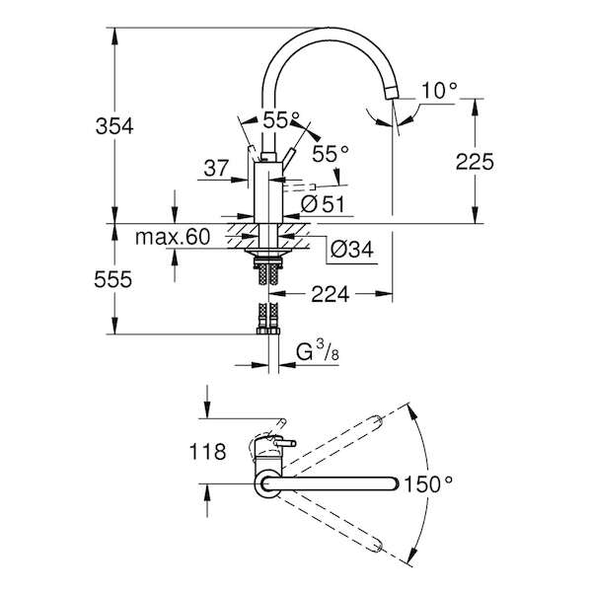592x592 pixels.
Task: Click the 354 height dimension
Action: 114,126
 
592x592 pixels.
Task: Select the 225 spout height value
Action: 475,162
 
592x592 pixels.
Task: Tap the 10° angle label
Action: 439,90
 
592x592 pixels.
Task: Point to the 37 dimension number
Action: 216,168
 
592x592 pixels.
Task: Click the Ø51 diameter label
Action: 323,204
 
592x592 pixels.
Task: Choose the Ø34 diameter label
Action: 352,250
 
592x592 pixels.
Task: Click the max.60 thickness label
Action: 172,237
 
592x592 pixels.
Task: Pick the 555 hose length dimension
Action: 113,280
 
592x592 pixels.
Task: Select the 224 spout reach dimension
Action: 330,294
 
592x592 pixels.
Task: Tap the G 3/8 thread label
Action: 317,353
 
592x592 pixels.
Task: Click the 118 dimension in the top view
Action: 207,451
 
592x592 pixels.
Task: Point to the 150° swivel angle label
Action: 428,483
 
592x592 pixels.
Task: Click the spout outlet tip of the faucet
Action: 391,93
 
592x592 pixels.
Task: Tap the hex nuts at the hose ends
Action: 267,332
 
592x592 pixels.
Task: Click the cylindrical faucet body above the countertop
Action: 268,192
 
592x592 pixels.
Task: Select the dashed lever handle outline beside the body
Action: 299,187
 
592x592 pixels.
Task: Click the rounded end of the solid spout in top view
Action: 394,483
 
